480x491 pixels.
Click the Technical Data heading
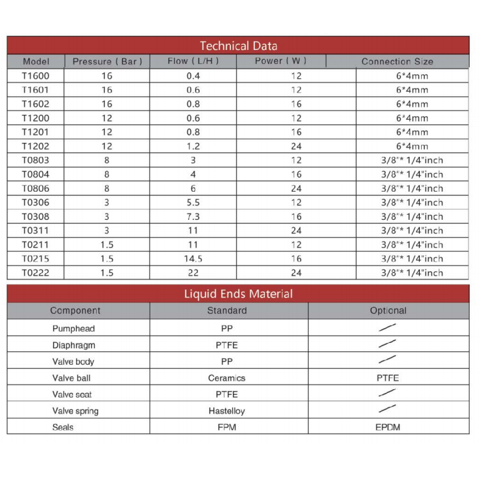[x=238, y=46]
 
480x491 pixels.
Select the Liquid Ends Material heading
[x=238, y=294]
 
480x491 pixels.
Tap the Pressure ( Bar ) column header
[x=107, y=62]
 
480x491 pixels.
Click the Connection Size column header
[x=397, y=62]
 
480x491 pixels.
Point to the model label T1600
[x=35, y=76]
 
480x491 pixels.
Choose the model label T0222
[x=35, y=273]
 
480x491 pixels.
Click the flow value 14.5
[x=193, y=259]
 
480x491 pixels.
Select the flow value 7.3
[x=193, y=217]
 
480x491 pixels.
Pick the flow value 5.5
[x=193, y=203]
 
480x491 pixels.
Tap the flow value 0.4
[x=193, y=76]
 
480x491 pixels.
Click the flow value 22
[x=193, y=273]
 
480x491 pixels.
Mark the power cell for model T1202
[x=296, y=146]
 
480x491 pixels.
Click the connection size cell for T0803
[x=412, y=160]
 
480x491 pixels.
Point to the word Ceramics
[x=227, y=378]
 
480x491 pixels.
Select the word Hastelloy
[x=227, y=411]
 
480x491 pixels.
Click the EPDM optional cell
[x=387, y=428]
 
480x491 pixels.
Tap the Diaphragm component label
[x=74, y=345]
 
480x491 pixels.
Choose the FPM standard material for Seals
[x=227, y=428]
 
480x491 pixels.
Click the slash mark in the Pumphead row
[x=387, y=328]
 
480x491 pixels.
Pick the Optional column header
[x=388, y=311]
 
